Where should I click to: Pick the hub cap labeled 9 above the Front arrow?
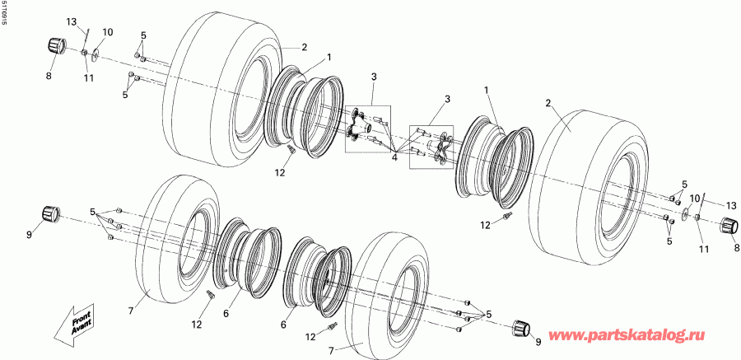pyautogui.click(x=53, y=215)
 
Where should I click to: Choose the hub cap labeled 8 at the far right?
pyautogui.click(x=727, y=227)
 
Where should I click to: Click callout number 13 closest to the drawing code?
pyautogui.click(x=71, y=21)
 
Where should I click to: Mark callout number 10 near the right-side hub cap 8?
pyautogui.click(x=694, y=199)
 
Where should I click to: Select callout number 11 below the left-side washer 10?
pyautogui.click(x=88, y=78)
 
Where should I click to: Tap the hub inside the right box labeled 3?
pyautogui.click(x=437, y=149)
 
